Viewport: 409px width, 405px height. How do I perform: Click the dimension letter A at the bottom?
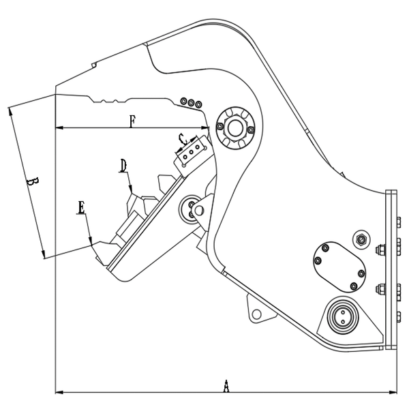(226, 385)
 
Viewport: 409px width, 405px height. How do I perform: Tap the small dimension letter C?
(181, 139)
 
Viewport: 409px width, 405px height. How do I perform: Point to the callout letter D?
(123, 165)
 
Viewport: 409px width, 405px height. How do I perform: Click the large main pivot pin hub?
(234, 127)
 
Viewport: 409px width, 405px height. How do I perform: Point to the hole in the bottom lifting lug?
(258, 314)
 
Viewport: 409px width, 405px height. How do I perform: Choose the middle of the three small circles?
(192, 103)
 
